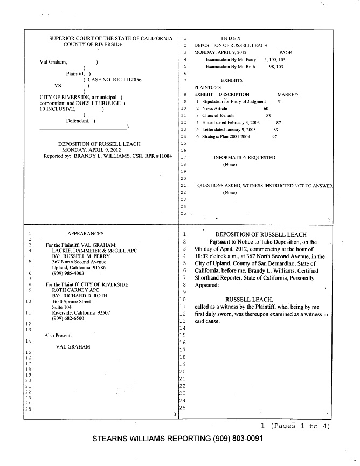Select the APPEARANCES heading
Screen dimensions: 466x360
tap(85, 233)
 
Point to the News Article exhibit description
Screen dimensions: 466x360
tap(215, 108)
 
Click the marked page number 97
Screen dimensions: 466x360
tap(274, 137)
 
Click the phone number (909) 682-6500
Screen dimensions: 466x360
tap(67, 318)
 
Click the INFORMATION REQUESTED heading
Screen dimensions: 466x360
tap(244, 157)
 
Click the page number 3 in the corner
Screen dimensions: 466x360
tap(174, 414)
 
